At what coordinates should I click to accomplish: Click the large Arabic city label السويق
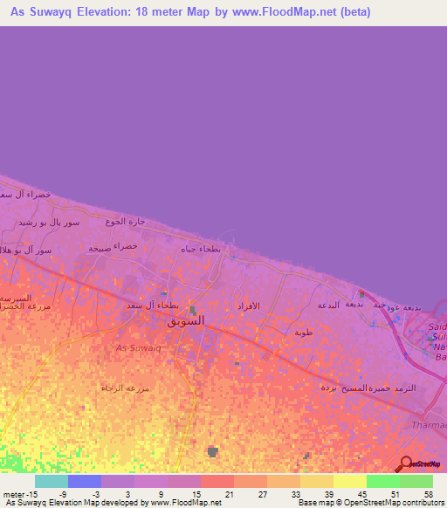pyautogui.click(x=186, y=320)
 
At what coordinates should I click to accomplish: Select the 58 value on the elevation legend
pyautogui.click(x=428, y=493)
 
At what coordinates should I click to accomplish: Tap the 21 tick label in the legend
pyautogui.click(x=230, y=493)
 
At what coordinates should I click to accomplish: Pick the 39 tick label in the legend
pyautogui.click(x=328, y=493)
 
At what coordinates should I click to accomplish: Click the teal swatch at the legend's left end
pyautogui.click(x=51, y=481)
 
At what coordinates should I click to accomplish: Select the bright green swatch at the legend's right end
pyautogui.click(x=416, y=481)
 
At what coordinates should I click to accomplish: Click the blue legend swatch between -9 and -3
pyautogui.click(x=84, y=481)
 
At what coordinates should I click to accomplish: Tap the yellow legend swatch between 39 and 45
pyautogui.click(x=349, y=481)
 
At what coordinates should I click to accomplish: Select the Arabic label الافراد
pyautogui.click(x=249, y=306)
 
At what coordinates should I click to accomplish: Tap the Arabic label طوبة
pyautogui.click(x=303, y=333)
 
